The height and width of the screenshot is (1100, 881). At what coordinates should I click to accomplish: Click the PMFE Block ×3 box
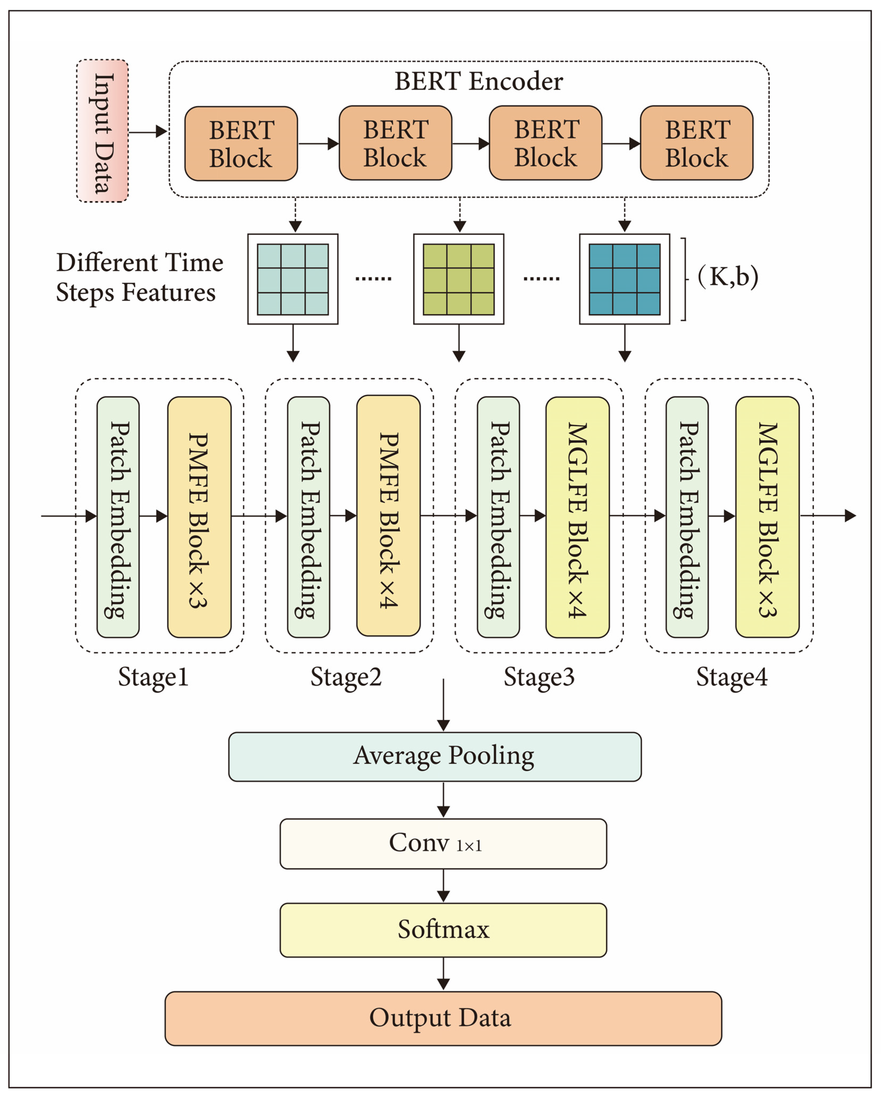click(199, 517)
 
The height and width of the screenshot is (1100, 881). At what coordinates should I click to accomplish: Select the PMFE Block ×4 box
click(388, 515)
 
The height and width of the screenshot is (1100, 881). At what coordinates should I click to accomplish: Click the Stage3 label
click(539, 677)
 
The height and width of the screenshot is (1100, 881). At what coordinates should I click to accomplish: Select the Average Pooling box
click(435, 757)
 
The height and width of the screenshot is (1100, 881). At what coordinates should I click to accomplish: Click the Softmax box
click(443, 930)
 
